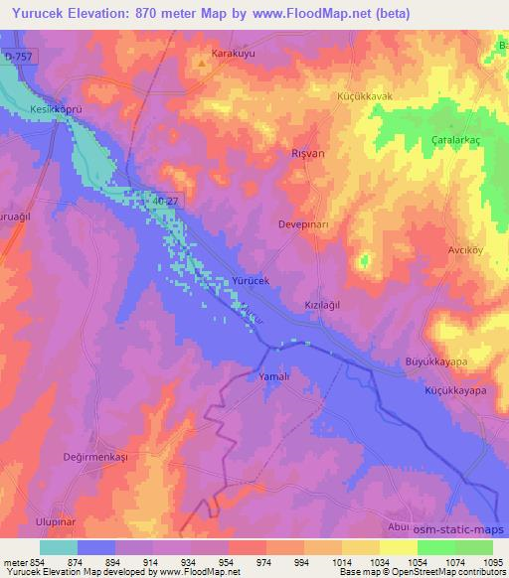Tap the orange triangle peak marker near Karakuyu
pos(202,66)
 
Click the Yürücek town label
pos(251,281)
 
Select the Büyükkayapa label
pos(436,363)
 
